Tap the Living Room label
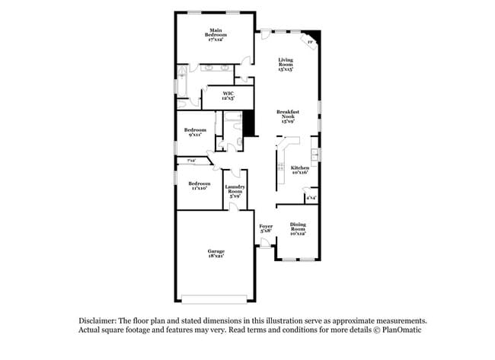click(286, 64)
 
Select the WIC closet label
click(228, 96)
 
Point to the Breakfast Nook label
click(288, 116)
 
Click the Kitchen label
click(300, 170)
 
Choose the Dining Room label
click(298, 228)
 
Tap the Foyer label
click(266, 228)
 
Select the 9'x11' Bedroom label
click(195, 132)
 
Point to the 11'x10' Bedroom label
click(199, 185)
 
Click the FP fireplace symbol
click(310, 42)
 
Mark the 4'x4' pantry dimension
click(311, 198)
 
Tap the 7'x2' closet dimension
click(191, 161)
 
